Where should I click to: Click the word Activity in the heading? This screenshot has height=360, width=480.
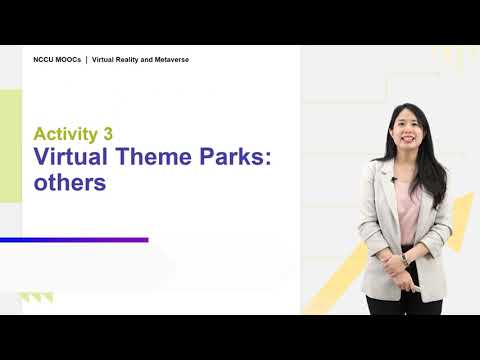[x=66, y=134]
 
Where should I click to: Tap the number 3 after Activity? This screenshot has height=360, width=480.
[x=108, y=134]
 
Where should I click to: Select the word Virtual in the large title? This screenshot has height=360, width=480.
[x=71, y=156]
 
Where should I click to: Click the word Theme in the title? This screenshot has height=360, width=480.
[x=154, y=156]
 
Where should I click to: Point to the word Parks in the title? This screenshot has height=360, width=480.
[x=232, y=156]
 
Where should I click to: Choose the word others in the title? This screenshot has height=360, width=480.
[x=70, y=183]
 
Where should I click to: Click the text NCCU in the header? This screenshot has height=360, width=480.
[x=43, y=60]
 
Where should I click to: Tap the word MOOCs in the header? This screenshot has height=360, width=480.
[x=68, y=60]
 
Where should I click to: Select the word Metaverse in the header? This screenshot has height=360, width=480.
[x=172, y=60]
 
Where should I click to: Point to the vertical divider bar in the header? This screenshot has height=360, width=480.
[x=87, y=60]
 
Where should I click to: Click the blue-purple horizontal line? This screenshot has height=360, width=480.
[x=74, y=240]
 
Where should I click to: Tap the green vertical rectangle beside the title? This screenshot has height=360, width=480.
[x=11, y=146]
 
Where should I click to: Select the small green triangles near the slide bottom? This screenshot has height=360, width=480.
[x=36, y=297]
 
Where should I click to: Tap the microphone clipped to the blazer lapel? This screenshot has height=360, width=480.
[x=394, y=179]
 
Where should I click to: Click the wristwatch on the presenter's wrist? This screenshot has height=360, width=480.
[x=405, y=259]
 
